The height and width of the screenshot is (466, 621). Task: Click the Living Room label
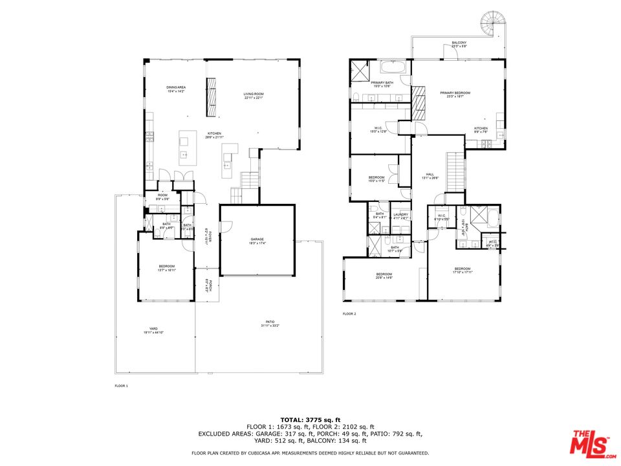tap(254, 96)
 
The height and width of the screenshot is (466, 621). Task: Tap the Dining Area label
tap(175, 89)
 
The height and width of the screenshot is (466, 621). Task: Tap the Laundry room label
tap(400, 216)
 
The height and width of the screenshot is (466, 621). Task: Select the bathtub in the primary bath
tap(393, 67)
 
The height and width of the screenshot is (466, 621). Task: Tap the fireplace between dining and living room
tap(211, 97)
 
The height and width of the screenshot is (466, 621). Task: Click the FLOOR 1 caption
tap(122, 386)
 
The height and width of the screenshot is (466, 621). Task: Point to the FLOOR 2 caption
tap(349, 314)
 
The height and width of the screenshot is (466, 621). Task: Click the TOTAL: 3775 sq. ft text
tap(310, 419)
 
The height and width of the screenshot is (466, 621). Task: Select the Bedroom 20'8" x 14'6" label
tap(384, 276)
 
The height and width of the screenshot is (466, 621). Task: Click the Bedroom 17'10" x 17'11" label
tap(462, 271)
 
